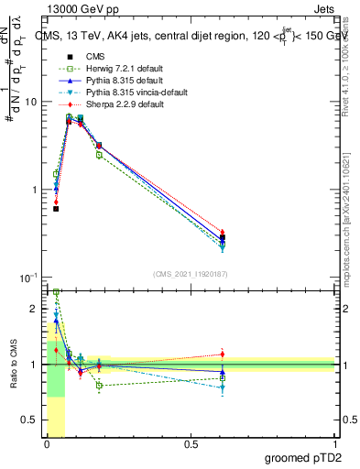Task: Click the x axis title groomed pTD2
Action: (x=302, y=458)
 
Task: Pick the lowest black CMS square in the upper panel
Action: (x=56, y=209)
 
